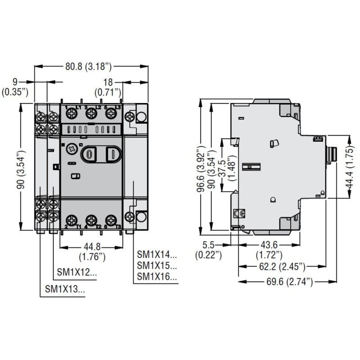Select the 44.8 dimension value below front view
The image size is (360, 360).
tap(92, 247)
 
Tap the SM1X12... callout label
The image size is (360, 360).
tap(76, 272)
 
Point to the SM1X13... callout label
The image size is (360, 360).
tap(65, 289)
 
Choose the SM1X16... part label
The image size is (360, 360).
tap(157, 276)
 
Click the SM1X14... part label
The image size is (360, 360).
tap(157, 254)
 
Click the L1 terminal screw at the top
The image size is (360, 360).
tap(72, 114)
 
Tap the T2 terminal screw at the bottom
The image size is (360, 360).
tap(91, 220)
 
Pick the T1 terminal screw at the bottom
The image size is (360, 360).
tap(72, 220)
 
